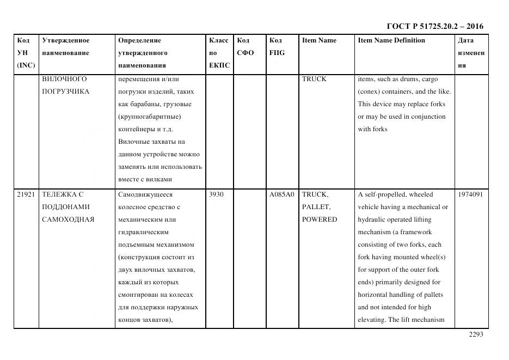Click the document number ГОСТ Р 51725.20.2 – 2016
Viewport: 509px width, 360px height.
[x=434, y=26]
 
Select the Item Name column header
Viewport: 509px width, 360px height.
[x=319, y=40]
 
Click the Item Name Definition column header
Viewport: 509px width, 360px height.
[x=391, y=40]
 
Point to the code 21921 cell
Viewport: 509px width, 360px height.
[x=26, y=194]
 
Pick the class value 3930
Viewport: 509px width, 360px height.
[x=217, y=194]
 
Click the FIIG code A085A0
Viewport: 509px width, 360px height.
[x=281, y=194]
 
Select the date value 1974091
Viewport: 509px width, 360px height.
[x=470, y=194]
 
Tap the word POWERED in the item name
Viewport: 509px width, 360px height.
[x=320, y=219]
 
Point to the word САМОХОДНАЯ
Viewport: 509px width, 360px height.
[x=68, y=219]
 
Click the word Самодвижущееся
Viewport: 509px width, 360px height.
[x=145, y=194]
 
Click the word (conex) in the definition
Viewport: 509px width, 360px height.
[x=369, y=91]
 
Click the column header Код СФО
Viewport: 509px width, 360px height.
[x=246, y=46]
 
